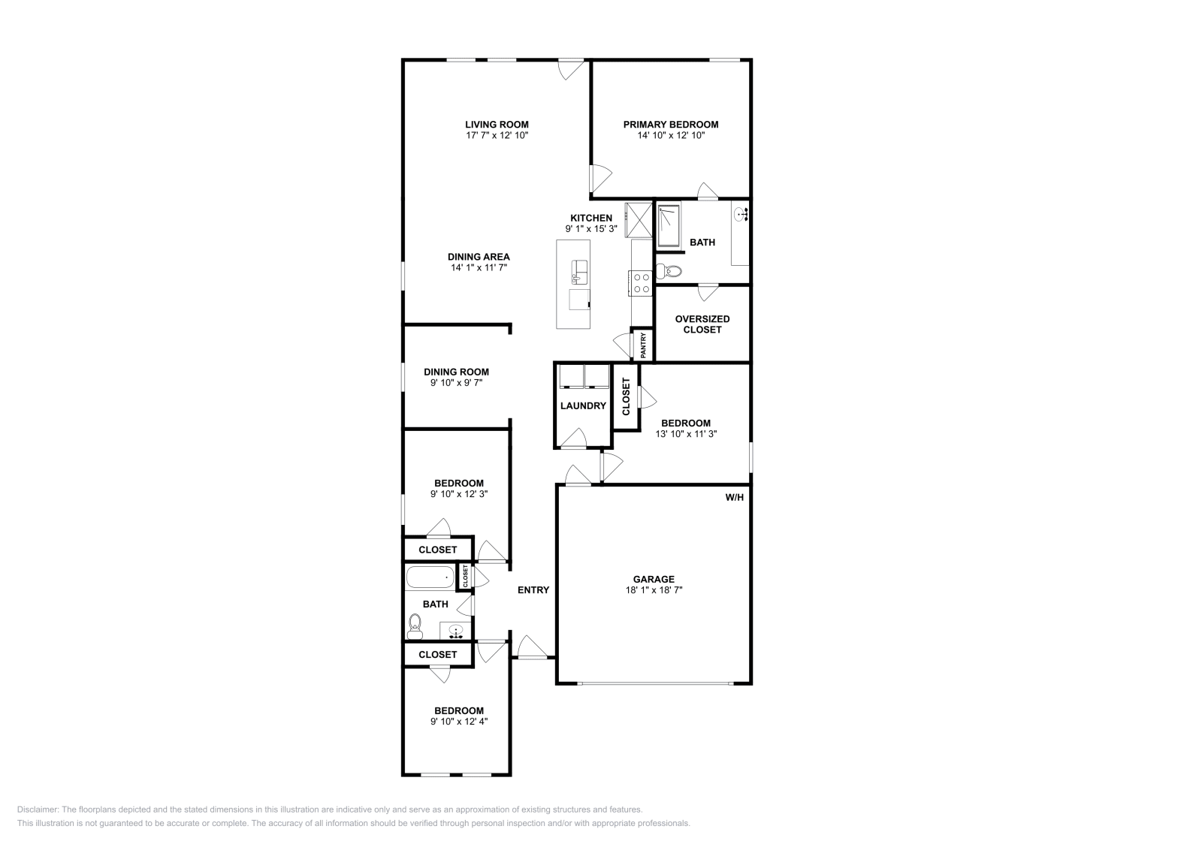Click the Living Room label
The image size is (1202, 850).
pyautogui.click(x=497, y=125)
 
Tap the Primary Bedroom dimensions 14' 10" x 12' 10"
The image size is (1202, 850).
pyautogui.click(x=670, y=136)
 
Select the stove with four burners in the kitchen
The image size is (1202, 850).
pyautogui.click(x=642, y=282)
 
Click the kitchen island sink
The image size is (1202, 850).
pyautogui.click(x=578, y=269)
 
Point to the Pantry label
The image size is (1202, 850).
pyautogui.click(x=644, y=345)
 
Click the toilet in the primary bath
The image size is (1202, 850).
pyautogui.click(x=668, y=271)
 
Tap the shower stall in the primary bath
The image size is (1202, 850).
pyautogui.click(x=668, y=225)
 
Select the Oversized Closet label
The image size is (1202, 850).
pyautogui.click(x=702, y=324)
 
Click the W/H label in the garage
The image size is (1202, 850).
pyautogui.click(x=734, y=497)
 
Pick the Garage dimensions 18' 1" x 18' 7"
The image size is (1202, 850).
pyautogui.click(x=653, y=590)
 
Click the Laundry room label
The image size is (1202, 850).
pyautogui.click(x=583, y=406)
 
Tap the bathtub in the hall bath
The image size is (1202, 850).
pyautogui.click(x=430, y=577)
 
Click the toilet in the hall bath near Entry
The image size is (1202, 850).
pyautogui.click(x=415, y=625)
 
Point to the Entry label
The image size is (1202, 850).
pyautogui.click(x=533, y=590)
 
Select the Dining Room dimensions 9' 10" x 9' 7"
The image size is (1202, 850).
pyautogui.click(x=456, y=383)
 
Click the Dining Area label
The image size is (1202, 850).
pyautogui.click(x=479, y=257)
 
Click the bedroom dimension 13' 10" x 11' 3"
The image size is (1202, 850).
pyautogui.click(x=686, y=434)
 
